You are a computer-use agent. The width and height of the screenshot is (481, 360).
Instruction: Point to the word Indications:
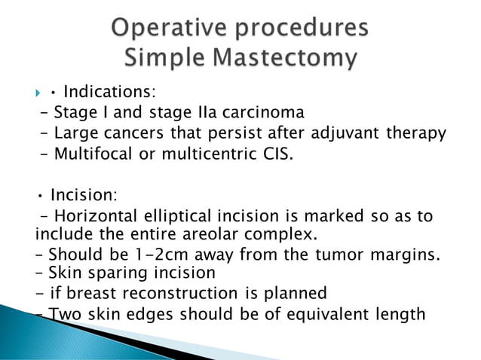pos(109,93)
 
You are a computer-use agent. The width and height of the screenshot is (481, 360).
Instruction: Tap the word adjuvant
pos(343,134)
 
